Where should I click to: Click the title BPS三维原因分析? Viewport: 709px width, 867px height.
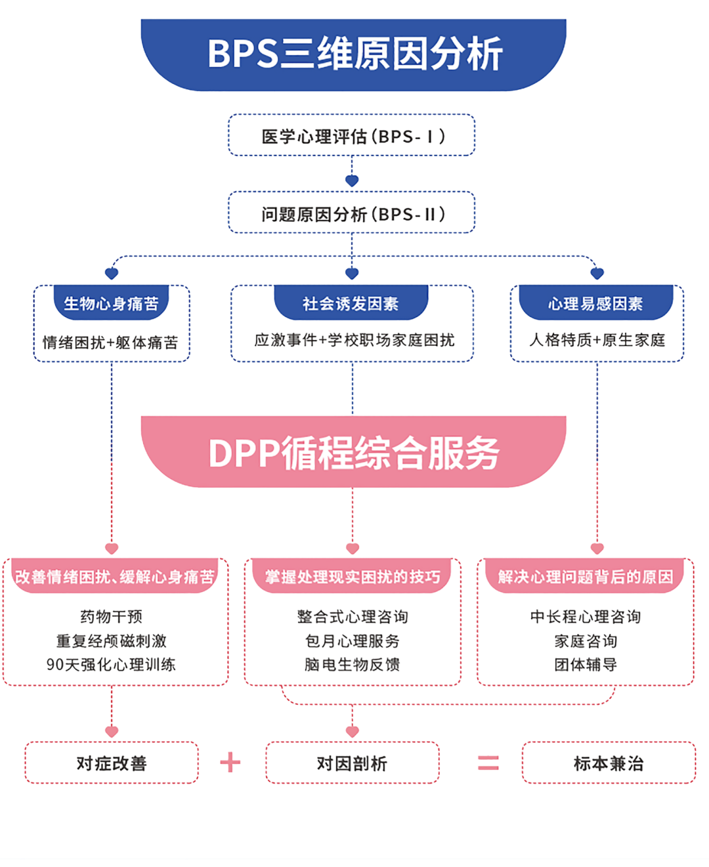tap(354, 54)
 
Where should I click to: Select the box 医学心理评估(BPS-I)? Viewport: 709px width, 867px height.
tap(352, 136)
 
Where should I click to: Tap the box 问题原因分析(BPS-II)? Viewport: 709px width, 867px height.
tap(352, 213)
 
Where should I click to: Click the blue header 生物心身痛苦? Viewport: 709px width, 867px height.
tap(112, 303)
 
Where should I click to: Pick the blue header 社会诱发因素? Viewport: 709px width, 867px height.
tap(351, 303)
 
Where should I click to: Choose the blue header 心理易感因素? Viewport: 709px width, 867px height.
tap(596, 303)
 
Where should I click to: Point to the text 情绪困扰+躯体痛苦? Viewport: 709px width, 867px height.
tap(110, 342)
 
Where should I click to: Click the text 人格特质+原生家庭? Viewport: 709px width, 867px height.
tap(597, 340)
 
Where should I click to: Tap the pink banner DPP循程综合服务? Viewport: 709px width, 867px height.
tap(354, 452)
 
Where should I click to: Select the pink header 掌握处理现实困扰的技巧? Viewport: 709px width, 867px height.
tap(353, 577)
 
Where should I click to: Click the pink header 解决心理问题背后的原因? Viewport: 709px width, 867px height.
tap(586, 577)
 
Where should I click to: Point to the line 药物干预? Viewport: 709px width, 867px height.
tap(112, 616)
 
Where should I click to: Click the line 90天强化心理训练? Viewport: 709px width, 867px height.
tap(112, 664)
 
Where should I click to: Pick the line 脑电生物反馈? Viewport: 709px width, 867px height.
tap(353, 664)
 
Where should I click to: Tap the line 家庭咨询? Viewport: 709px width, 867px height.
tap(586, 641)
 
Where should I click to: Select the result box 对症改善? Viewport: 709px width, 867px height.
tap(112, 763)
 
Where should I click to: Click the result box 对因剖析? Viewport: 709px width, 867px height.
tap(353, 763)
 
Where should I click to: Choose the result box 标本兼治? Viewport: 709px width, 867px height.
tap(609, 763)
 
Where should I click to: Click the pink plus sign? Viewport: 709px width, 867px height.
tap(230, 763)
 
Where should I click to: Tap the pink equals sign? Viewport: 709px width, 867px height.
tap(488, 763)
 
